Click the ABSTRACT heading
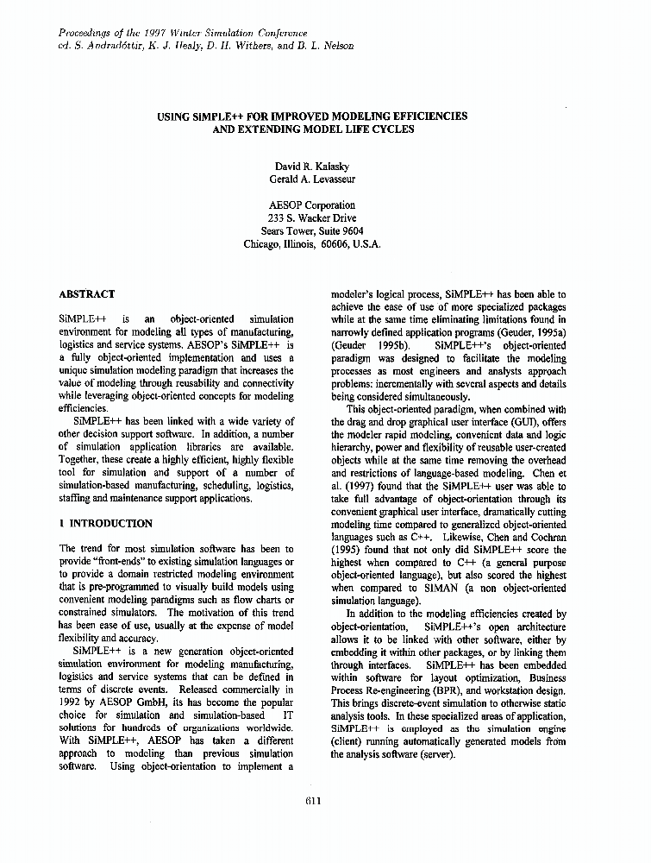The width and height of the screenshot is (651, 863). point(86,294)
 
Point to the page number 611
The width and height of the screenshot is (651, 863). point(313,800)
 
